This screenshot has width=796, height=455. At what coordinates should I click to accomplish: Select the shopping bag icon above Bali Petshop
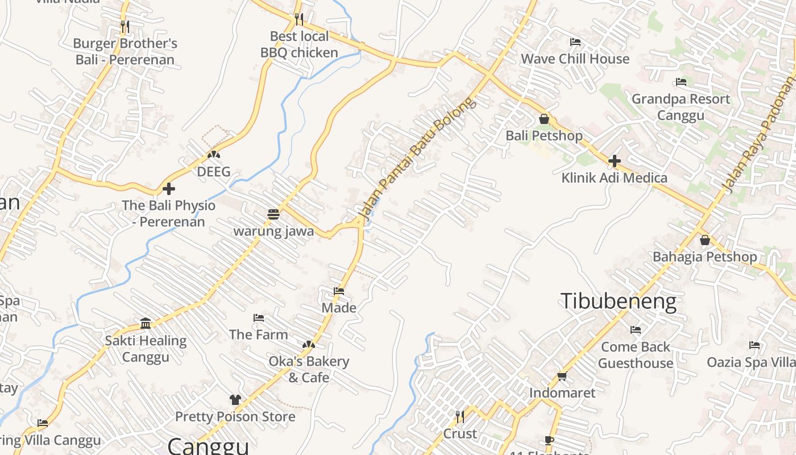(544, 119)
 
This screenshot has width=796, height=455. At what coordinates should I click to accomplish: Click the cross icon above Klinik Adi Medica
(614, 161)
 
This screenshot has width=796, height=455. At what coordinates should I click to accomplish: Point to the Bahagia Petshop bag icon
(705, 240)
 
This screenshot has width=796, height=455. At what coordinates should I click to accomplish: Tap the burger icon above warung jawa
(273, 214)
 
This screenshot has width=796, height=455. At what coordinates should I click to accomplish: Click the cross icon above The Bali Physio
(169, 189)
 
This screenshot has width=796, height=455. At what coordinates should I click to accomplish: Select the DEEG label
(214, 172)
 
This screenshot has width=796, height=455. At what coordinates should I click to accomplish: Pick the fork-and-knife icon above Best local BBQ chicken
(299, 19)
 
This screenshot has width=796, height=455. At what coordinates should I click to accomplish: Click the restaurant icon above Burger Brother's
(125, 26)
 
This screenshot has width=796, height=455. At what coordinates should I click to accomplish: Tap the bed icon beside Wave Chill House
(575, 42)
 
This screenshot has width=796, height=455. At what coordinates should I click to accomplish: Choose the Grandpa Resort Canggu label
(681, 107)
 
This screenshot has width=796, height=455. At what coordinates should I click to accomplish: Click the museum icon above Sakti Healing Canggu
(146, 324)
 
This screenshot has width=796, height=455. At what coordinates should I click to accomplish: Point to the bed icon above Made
(339, 292)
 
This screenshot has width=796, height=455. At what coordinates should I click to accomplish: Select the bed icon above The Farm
(259, 318)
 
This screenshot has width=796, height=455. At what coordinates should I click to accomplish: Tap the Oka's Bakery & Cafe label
(309, 369)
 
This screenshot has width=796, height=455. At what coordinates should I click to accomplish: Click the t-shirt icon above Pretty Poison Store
(235, 400)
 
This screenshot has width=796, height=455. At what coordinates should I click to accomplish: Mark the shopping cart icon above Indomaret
(562, 376)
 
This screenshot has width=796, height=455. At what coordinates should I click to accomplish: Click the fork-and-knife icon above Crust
(459, 417)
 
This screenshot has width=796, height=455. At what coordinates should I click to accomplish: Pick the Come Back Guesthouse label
(636, 355)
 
